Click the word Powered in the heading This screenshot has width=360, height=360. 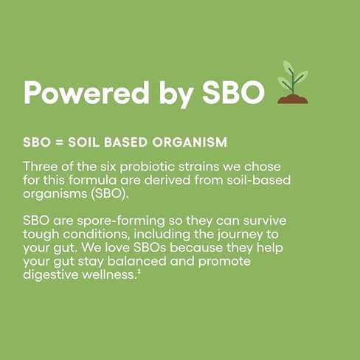86,93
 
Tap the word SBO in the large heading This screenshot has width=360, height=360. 233,93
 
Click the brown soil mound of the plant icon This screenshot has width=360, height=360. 293,99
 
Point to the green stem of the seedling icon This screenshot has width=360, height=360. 293,81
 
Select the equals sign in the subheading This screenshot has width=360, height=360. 59,142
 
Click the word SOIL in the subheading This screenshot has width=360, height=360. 83,142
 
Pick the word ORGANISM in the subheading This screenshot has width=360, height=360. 190,142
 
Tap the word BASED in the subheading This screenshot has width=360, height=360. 125,142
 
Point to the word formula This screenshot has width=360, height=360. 92,180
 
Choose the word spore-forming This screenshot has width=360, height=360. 121,221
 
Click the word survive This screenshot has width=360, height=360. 265,221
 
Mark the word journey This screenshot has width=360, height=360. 240,235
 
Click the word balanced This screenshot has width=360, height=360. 136,261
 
